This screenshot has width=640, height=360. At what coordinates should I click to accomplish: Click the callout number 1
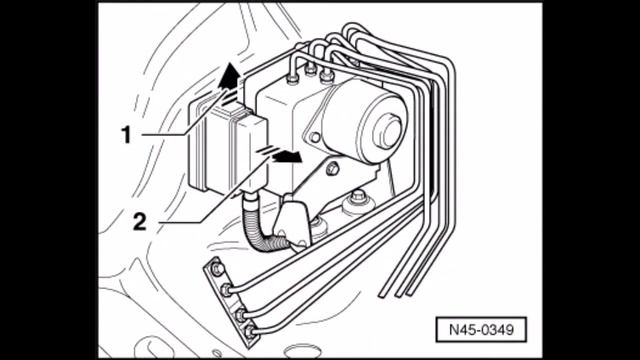click(x=127, y=135)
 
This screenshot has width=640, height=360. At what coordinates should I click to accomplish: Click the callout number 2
click(x=140, y=222)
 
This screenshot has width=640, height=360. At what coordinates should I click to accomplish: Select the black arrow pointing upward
click(x=229, y=76)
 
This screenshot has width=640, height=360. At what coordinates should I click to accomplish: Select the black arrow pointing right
click(x=288, y=156)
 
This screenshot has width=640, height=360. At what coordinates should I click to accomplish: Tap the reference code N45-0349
click(x=481, y=329)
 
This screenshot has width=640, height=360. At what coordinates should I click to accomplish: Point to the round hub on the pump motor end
click(x=387, y=131)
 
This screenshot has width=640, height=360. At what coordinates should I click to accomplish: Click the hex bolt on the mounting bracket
click(x=333, y=168)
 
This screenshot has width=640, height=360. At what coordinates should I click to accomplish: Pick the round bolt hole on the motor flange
click(x=315, y=138)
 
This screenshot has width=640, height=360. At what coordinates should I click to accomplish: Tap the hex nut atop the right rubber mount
click(x=358, y=196)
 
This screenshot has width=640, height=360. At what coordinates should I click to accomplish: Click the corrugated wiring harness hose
click(x=262, y=230)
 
